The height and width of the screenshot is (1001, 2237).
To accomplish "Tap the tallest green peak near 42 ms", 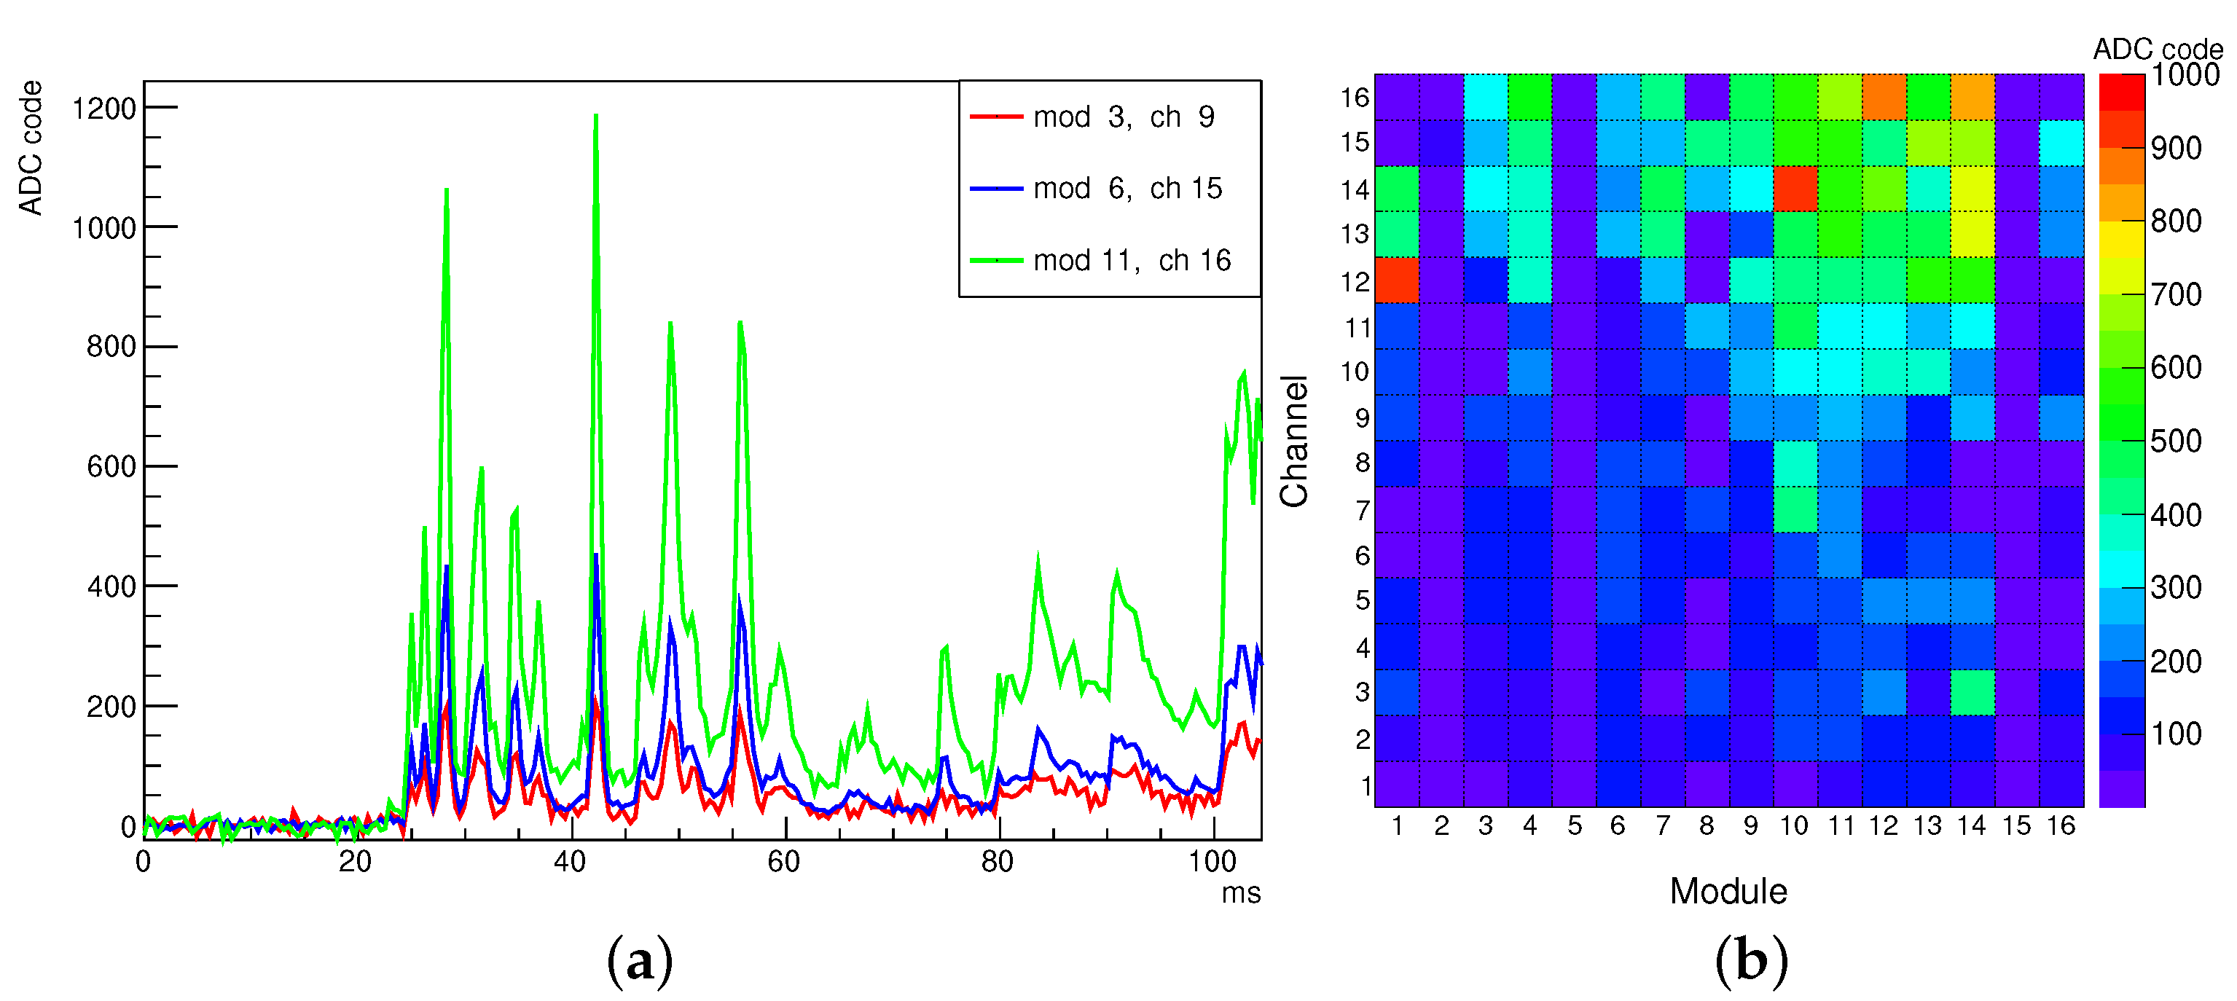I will click(596, 117).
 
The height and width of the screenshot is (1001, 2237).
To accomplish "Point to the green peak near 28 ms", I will click(447, 190).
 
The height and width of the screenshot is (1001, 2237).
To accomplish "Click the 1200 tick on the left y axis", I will click(103, 109).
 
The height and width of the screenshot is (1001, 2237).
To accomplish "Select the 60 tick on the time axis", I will click(783, 861).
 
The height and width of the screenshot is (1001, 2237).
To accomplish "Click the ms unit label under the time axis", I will click(1240, 892).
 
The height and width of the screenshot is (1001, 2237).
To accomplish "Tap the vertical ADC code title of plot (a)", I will click(31, 148).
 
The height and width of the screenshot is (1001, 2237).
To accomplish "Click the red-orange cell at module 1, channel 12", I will click(1396, 280).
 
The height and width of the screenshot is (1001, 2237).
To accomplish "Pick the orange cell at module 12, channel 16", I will click(1884, 96).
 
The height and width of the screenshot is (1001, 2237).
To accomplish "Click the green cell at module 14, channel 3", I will click(1972, 692).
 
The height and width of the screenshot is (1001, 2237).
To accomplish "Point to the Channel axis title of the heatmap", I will click(1294, 441).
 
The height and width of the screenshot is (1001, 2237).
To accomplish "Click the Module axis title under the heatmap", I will click(1728, 891).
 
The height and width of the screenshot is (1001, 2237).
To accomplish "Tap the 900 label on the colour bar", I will click(2175, 148).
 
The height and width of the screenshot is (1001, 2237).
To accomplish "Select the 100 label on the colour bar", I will click(2175, 734).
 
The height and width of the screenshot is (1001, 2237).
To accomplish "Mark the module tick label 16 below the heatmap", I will click(2061, 825).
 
